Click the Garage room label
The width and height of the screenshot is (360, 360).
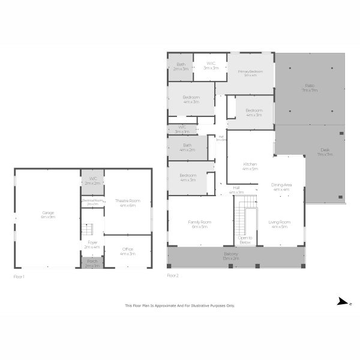click(x=48, y=215)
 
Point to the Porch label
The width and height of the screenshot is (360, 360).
click(x=93, y=263)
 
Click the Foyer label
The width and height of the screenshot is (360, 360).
click(x=92, y=244)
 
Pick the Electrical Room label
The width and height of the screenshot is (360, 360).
click(x=92, y=202)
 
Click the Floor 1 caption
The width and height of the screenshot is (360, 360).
click(x=19, y=277)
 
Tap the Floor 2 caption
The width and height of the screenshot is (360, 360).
click(x=173, y=275)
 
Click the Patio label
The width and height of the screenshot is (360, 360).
click(x=310, y=88)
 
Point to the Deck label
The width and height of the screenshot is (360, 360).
click(x=325, y=152)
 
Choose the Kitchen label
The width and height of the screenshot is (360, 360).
click(x=250, y=166)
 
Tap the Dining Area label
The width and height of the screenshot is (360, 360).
click(x=281, y=187)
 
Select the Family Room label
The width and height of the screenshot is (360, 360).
click(x=199, y=224)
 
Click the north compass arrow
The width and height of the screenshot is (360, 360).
click(x=341, y=301)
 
